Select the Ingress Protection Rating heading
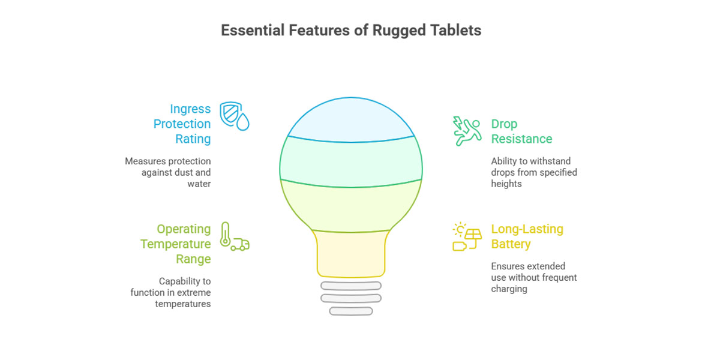click(182, 124)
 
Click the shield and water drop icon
click(234, 115)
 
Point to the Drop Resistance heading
click(521, 131)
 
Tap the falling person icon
click(467, 131)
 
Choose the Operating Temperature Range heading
click(176, 244)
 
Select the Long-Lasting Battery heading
click(527, 236)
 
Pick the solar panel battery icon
click(467, 236)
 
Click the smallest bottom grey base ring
click(351, 311)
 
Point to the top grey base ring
click(351, 286)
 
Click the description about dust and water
click(168, 173)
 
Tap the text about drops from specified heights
click(534, 173)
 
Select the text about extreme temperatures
click(171, 292)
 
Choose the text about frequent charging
click(533, 277)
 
